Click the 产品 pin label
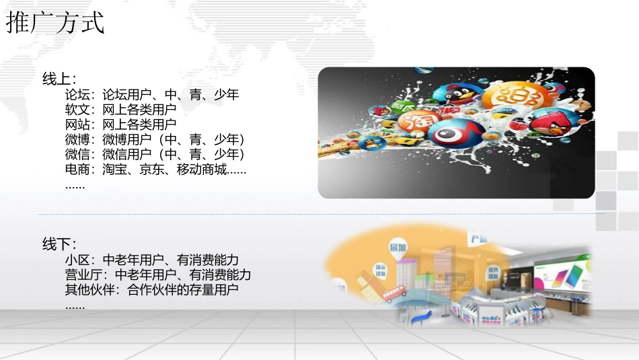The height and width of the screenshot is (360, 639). point(479,238)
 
